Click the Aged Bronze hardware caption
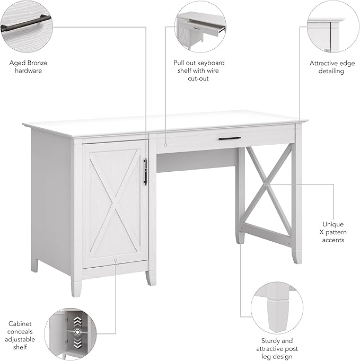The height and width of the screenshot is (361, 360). [x=29, y=66]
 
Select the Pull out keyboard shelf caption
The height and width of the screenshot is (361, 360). [x=199, y=71]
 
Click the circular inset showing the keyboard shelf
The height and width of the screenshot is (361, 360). [x=200, y=26]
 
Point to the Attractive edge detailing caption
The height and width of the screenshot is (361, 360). [x=332, y=67]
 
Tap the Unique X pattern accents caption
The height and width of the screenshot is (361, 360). [x=332, y=232]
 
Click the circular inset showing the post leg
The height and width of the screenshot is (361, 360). [x=276, y=307]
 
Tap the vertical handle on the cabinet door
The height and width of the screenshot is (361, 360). [x=145, y=171]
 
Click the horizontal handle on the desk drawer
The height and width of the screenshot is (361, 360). [x=230, y=139]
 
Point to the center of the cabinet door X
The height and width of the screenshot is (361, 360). [x=115, y=201]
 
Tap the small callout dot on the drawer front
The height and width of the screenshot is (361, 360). [x=165, y=143]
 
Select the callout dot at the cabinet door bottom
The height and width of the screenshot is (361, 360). [x=115, y=260]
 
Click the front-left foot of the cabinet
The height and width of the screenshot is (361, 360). [x=76, y=286]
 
